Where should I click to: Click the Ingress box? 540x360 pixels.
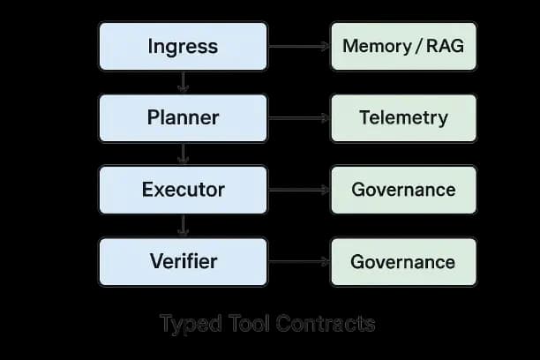(183, 46)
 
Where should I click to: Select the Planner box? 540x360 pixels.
(183, 117)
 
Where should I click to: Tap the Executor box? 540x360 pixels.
(183, 189)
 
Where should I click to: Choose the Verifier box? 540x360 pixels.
(183, 261)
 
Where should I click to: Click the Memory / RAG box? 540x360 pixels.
(402, 46)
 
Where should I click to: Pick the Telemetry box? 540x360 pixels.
(402, 117)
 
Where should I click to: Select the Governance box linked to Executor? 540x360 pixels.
(402, 189)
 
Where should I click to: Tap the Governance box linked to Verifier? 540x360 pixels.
(402, 261)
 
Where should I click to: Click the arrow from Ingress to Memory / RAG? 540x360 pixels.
(298, 46)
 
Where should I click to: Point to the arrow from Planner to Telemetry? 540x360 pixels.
(298, 117)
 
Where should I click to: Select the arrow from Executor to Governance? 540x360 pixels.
(298, 189)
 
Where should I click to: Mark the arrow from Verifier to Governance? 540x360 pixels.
(298, 261)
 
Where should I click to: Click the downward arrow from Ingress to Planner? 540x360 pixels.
(183, 82)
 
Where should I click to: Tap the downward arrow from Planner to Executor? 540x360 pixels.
(183, 154)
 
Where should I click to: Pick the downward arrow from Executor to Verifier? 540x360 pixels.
(183, 226)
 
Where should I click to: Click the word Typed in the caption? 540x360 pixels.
(186, 324)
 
